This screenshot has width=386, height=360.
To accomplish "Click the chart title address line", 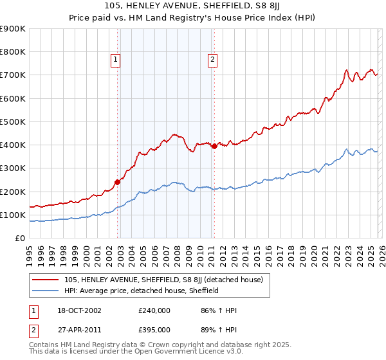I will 193,6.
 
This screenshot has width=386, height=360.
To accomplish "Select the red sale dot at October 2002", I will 118,182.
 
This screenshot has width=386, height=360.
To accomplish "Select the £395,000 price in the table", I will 154,329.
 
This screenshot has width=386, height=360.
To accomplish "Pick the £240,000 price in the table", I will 154,310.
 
